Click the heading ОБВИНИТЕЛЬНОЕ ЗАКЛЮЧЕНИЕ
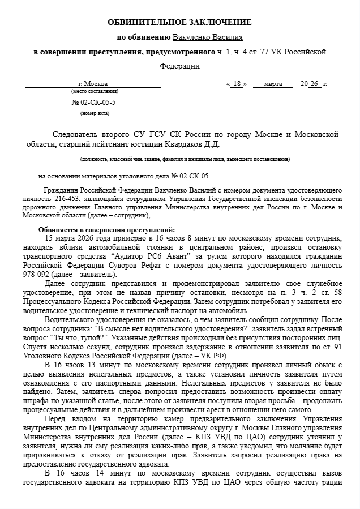click(179, 22)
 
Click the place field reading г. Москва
click(93, 84)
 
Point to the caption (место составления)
click(95, 91)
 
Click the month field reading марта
click(273, 84)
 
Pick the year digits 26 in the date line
click(315, 84)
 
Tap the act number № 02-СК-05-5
click(93, 103)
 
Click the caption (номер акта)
click(95, 113)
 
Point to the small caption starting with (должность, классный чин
click(185, 160)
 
